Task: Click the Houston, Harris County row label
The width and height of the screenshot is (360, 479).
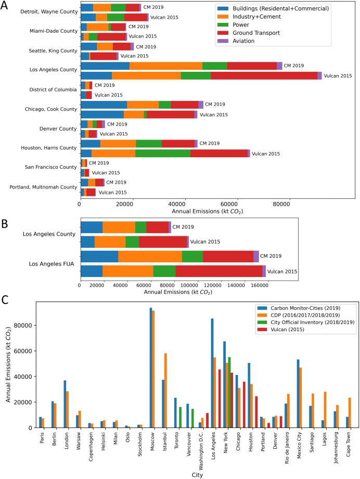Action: tap(48, 148)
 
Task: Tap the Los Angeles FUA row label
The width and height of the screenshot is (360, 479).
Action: tap(52, 263)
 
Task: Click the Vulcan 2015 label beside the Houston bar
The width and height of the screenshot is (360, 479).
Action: tap(266, 154)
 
